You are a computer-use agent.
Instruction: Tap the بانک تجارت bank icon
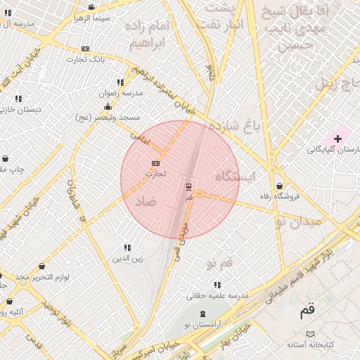(x=86, y=49)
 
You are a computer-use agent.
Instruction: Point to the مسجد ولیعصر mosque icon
(x=108, y=107)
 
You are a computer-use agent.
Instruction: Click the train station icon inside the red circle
(x=188, y=186)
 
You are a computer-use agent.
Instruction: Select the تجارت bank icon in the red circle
(x=155, y=163)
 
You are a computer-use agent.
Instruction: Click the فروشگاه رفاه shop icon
(x=280, y=186)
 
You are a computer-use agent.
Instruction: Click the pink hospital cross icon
(x=338, y=139)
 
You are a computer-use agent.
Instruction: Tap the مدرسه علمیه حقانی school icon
(x=217, y=285)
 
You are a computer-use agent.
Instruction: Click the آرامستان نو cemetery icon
(x=203, y=313)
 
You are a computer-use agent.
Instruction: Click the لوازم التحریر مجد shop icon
(x=43, y=266)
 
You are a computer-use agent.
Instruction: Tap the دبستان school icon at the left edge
(x=18, y=99)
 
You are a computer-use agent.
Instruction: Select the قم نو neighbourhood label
(x=220, y=263)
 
